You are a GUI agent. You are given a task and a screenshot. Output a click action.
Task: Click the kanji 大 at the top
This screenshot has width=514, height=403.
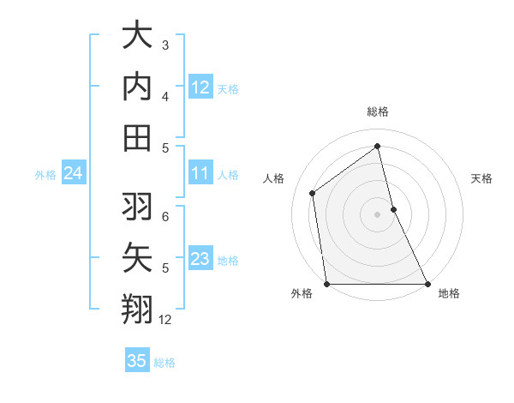[x=137, y=36]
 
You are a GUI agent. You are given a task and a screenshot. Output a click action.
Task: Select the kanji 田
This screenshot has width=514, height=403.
[x=137, y=137]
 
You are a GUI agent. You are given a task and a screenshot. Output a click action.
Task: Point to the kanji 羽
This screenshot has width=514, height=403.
[x=137, y=206]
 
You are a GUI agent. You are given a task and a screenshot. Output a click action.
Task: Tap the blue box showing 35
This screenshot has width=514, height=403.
[x=137, y=361]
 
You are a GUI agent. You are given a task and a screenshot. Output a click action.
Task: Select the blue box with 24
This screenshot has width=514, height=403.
[x=73, y=174]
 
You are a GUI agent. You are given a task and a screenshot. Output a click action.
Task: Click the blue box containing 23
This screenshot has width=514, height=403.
[x=200, y=260]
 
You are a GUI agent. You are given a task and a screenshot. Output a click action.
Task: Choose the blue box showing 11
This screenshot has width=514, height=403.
[x=200, y=174]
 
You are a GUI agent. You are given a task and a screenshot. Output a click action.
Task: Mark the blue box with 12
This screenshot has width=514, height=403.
[x=200, y=87]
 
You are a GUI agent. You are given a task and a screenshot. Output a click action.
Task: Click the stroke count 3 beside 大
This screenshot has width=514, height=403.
[x=165, y=45]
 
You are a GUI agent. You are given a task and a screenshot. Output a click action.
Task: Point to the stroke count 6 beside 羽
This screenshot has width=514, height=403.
[x=165, y=216]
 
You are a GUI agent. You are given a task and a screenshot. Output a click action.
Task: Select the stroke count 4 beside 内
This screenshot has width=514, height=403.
[x=165, y=96]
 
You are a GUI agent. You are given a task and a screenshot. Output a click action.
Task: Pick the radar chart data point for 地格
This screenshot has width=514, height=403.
[x=427, y=284]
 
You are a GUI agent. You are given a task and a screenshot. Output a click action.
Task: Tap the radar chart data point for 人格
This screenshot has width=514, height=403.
[x=313, y=193]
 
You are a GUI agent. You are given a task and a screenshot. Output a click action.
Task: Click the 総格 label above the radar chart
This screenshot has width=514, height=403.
[x=377, y=111]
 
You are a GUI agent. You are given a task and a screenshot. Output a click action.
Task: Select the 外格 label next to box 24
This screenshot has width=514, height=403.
[x=45, y=175]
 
